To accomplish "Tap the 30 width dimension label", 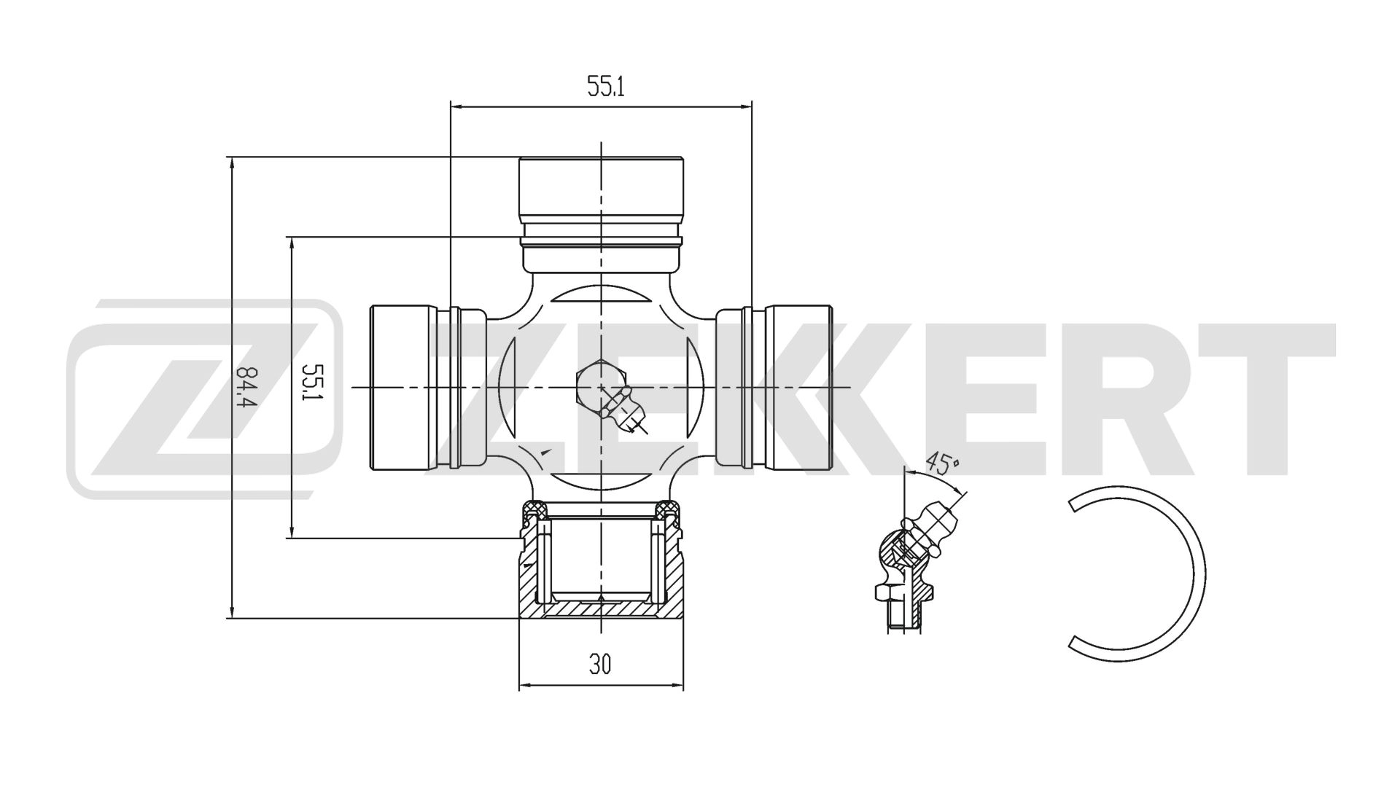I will point(601,664).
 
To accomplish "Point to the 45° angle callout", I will point(943,463).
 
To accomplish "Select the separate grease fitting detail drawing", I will point(909,568).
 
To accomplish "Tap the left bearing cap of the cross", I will point(405,388).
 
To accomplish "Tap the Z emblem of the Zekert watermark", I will point(204,397).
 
